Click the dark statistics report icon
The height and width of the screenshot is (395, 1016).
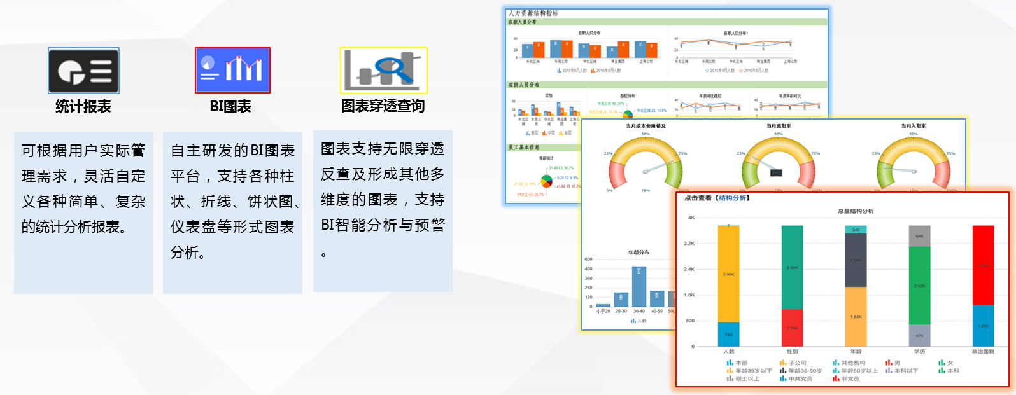[x=83, y=71]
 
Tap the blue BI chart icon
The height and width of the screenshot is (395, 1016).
[x=232, y=70]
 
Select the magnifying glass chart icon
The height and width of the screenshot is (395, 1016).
[x=383, y=70]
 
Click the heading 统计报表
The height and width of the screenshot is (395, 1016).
[x=83, y=106]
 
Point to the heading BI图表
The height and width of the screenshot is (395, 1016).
[x=230, y=106]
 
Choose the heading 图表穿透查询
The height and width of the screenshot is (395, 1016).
[x=383, y=106]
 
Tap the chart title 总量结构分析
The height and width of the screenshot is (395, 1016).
[x=856, y=211]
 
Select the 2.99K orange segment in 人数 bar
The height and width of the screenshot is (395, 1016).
[x=728, y=274]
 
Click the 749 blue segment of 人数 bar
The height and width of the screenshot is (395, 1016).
[x=728, y=334]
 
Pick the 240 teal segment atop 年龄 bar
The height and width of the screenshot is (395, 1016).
[x=856, y=230]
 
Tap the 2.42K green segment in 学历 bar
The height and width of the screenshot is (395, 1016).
[x=919, y=286]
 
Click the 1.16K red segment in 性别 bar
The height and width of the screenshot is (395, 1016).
[x=792, y=328]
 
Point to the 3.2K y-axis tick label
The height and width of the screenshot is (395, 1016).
[x=689, y=244]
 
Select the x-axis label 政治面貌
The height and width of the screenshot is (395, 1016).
[x=983, y=352]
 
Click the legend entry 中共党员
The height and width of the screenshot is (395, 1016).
[x=800, y=379]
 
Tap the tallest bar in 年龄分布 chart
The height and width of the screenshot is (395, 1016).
[x=639, y=286]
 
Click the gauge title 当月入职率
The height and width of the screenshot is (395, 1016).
[x=913, y=126]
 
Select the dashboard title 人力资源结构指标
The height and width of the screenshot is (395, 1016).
[x=533, y=13]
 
